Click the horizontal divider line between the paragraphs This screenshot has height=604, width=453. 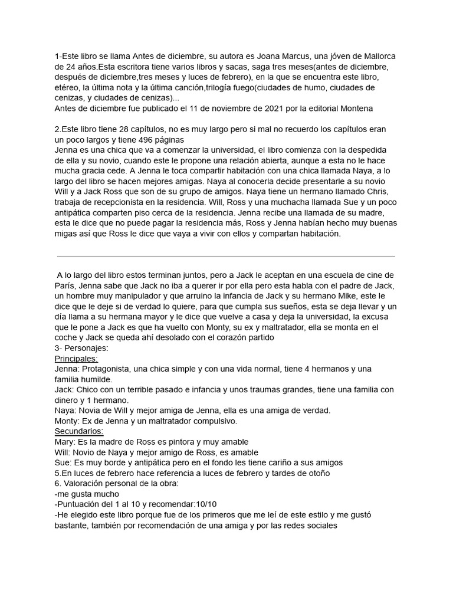[x=226, y=256]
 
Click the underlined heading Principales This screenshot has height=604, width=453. [x=76, y=358]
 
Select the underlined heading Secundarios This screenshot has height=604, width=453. [x=78, y=431]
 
